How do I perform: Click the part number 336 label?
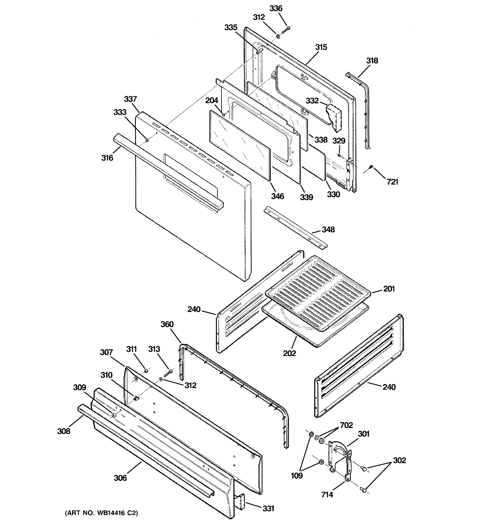pos(276,8)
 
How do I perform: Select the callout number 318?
pos(372,61)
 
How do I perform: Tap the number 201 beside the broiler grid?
pos(389,289)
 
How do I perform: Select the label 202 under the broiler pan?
pos(289,353)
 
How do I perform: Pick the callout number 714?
pos(327,495)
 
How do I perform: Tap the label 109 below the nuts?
pos(297,475)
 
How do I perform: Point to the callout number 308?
pos(64,431)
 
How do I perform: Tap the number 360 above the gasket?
pos(167,324)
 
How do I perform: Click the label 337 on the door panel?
pos(130,99)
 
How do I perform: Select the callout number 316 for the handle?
pos(107,158)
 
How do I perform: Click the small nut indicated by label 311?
pos(146,370)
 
